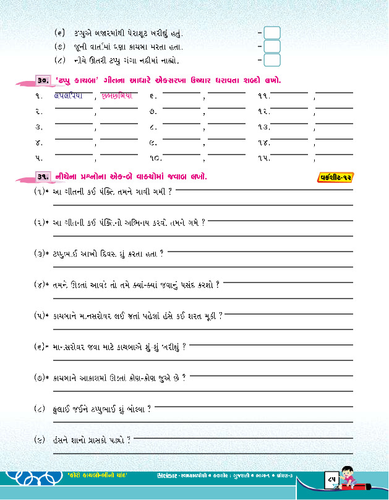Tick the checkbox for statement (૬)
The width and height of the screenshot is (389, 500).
272,32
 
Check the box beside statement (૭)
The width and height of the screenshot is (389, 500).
272,46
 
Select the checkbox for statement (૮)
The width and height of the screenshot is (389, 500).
272,60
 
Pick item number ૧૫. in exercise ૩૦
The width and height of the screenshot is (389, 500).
263,158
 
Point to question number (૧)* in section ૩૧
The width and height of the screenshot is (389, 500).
41,192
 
